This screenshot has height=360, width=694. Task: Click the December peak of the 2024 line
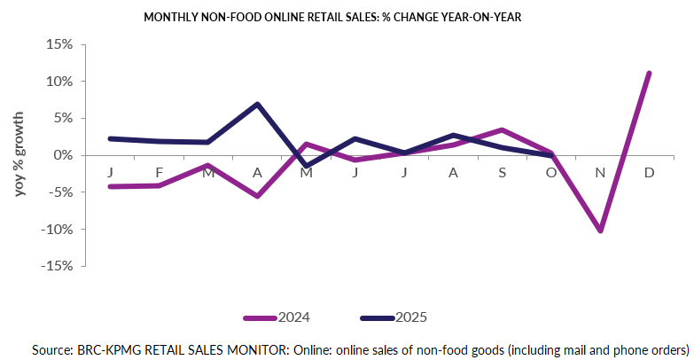click(649, 73)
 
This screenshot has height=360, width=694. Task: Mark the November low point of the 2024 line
click(600, 231)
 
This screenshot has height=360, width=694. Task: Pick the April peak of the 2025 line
click(257, 104)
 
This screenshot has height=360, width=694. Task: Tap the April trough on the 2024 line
click(257, 196)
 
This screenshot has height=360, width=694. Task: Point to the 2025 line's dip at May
click(306, 166)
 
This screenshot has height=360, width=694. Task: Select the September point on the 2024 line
click(502, 130)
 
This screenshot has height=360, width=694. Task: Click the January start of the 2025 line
click(110, 138)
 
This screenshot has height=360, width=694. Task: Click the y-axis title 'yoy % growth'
click(19, 155)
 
